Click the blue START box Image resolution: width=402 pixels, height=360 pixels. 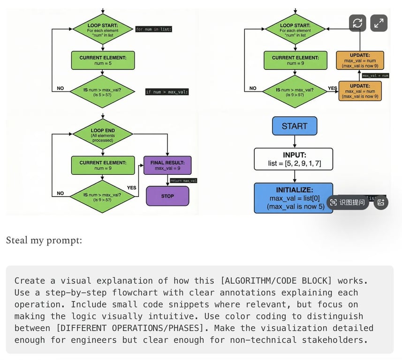click(x=294, y=126)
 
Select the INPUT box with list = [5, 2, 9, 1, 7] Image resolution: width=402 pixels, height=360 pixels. click(x=294, y=159)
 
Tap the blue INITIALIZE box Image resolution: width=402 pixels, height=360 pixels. click(x=294, y=198)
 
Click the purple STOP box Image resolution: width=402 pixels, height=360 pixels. click(x=167, y=196)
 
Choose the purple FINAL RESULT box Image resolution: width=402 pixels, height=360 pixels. click(x=167, y=165)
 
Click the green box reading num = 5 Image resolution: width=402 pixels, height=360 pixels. click(x=102, y=60)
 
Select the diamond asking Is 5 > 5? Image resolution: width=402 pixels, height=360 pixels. click(x=102, y=91)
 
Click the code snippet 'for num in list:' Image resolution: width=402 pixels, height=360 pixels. click(x=154, y=29)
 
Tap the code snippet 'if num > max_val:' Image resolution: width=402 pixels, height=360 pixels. click(x=167, y=92)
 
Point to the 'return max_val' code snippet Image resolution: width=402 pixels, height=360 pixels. click(x=183, y=180)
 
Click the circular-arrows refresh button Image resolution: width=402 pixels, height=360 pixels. click(x=357, y=23)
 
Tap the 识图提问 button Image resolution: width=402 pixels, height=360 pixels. click(x=348, y=202)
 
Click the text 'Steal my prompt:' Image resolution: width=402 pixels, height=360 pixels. click(x=44, y=240)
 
